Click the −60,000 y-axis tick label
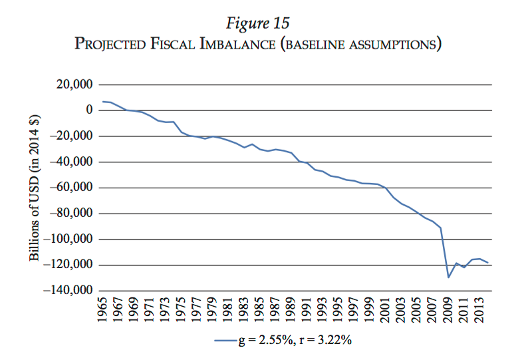pyautogui.click(x=70, y=188)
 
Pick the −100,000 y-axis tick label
pyautogui.click(x=67, y=239)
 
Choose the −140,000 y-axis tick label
pyautogui.click(x=67, y=291)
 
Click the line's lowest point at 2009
pyautogui.click(x=449, y=277)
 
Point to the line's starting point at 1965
pyautogui.click(x=103, y=101)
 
